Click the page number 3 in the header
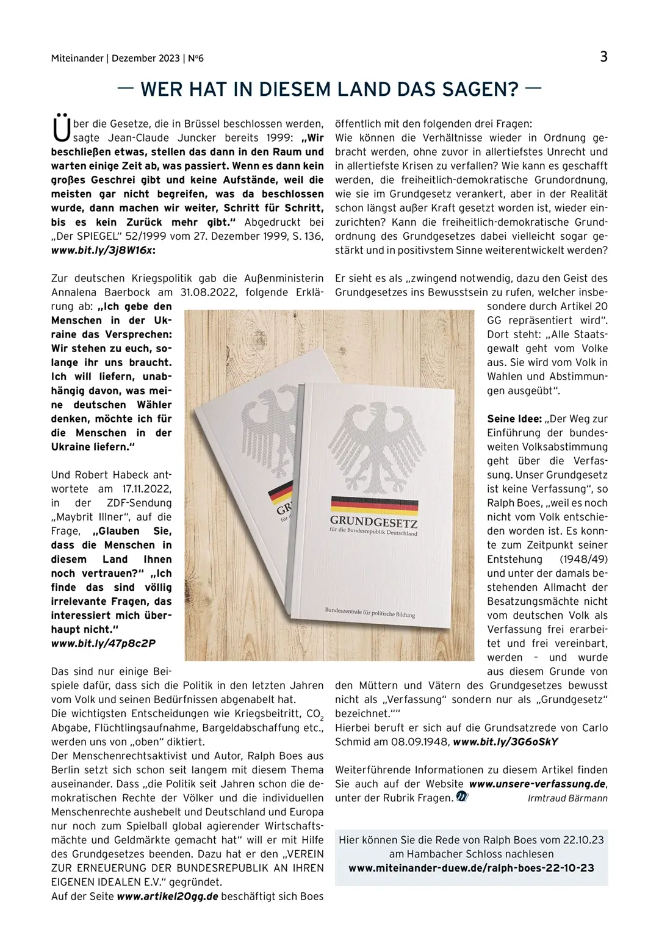(603, 57)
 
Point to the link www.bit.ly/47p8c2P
(103, 643)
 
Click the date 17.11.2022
(146, 489)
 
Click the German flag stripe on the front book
(374, 504)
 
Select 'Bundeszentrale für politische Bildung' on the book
(370, 612)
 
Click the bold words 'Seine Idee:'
(514, 419)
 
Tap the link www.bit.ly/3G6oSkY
(505, 742)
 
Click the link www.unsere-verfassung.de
(537, 784)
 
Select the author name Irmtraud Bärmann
(567, 798)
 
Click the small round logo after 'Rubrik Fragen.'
(462, 797)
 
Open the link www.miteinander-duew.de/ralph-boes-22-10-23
(471, 868)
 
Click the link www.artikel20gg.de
(167, 897)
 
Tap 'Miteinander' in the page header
(77, 59)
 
